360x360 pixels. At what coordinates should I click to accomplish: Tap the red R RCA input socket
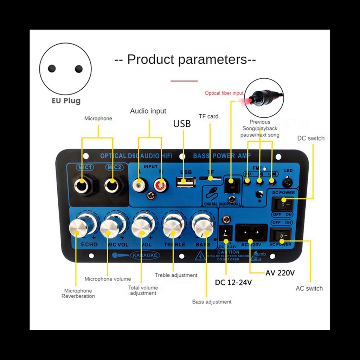click(x=160, y=184)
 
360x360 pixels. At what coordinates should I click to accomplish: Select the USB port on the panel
click(x=185, y=182)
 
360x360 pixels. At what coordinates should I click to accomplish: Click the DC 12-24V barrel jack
click(x=226, y=232)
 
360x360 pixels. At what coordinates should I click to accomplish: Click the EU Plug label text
click(x=66, y=101)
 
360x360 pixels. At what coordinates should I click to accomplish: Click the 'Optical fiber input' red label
click(x=224, y=93)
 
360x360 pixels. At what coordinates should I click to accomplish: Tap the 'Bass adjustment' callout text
click(x=212, y=302)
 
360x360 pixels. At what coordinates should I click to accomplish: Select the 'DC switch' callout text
click(x=311, y=138)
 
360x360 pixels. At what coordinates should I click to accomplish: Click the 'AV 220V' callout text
click(x=280, y=272)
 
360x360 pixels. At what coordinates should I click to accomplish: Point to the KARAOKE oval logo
click(x=145, y=255)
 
